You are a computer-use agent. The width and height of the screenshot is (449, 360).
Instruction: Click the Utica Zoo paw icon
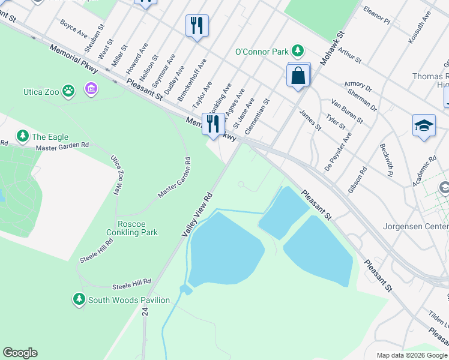[69, 91]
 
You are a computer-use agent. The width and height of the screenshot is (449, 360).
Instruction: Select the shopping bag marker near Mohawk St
[298, 76]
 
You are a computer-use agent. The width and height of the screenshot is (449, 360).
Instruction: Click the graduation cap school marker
[424, 125]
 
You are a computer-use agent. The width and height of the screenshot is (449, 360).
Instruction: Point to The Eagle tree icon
[23, 136]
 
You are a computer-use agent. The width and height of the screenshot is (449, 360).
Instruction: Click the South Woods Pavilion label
[128, 300]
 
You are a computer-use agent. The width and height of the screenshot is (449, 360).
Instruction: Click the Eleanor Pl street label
[377, 16]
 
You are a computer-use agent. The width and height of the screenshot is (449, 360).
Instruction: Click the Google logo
[20, 353]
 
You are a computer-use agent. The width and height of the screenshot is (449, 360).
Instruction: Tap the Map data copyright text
[412, 355]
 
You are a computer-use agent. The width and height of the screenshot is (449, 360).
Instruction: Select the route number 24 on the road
[145, 311]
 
